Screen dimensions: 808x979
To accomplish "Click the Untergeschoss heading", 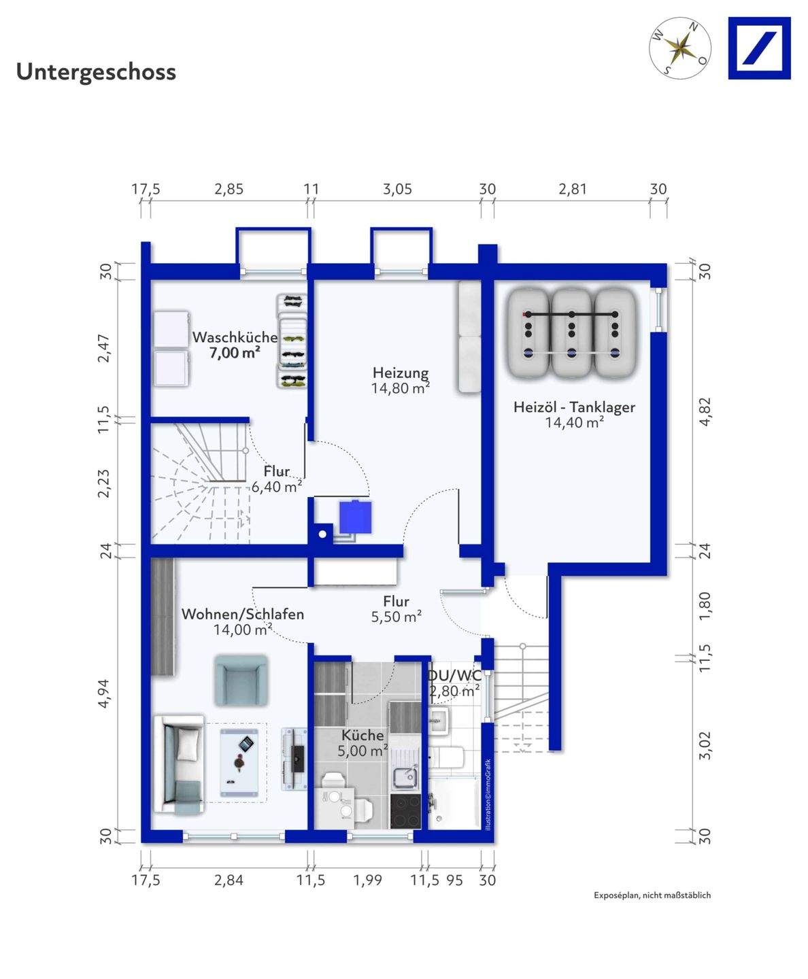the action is [x=96, y=72].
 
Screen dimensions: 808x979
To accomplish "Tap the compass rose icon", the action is [x=680, y=48].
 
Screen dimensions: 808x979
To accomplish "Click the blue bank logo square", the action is [x=759, y=48].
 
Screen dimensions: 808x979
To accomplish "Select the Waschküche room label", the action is [x=235, y=337].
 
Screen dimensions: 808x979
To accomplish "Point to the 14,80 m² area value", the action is [x=400, y=388].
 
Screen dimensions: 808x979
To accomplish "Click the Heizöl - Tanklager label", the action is [x=574, y=407].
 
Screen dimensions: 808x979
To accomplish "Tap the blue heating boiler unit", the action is [x=355, y=517].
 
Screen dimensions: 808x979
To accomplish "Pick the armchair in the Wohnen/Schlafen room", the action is [x=241, y=681].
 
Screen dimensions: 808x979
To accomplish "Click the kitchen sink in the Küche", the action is [x=406, y=777].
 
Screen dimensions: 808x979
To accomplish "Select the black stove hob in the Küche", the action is [x=405, y=810].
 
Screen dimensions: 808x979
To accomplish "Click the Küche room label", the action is [x=363, y=735].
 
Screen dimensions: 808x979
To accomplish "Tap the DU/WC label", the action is [x=454, y=675].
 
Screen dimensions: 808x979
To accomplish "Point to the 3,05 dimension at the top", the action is [x=397, y=189].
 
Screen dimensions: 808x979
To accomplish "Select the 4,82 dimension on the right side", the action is [x=705, y=412].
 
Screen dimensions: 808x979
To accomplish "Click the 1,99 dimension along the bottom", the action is [x=367, y=880].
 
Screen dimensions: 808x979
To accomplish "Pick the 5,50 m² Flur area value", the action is [x=397, y=617].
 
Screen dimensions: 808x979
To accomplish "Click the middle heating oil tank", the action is [x=571, y=333].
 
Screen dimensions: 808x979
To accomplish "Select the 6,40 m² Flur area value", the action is [x=276, y=487].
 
